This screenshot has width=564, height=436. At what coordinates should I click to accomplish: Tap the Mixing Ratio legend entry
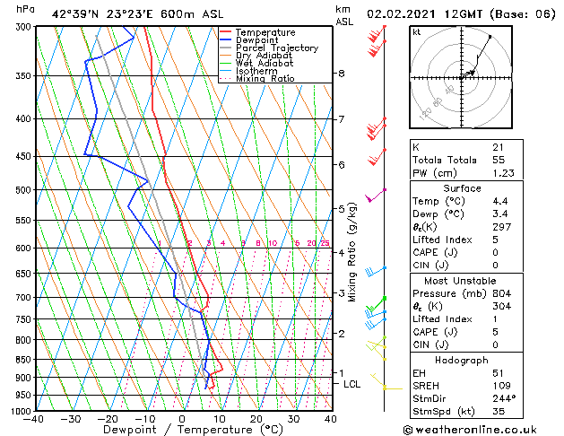click(265, 79)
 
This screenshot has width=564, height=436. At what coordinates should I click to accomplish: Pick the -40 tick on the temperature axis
click(35, 418)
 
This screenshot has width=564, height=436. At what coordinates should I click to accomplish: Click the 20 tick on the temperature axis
click(256, 418)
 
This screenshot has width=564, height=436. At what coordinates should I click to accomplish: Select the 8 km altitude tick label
click(342, 74)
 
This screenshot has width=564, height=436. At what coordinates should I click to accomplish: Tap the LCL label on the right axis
click(352, 384)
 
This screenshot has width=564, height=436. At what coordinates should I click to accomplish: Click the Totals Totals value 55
click(498, 160)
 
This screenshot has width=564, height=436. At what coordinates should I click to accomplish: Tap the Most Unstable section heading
click(463, 280)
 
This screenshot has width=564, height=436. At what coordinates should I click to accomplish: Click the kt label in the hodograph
click(416, 31)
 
